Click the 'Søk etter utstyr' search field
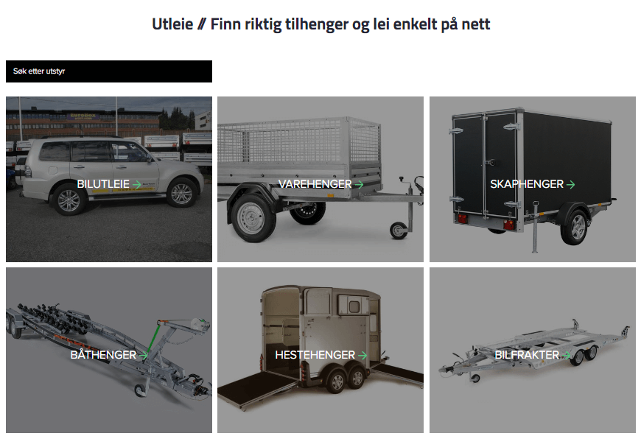click(x=109, y=71)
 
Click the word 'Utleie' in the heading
click(x=172, y=24)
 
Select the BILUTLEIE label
click(x=103, y=184)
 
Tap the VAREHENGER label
click(x=315, y=184)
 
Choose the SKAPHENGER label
click(x=527, y=184)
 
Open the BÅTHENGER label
click(x=103, y=355)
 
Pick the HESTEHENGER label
click(x=315, y=355)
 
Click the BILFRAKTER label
click(x=527, y=355)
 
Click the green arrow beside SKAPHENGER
click(x=570, y=185)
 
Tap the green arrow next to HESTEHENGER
click(x=362, y=356)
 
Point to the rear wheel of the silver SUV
click(x=69, y=200)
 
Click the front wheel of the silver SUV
click(x=181, y=193)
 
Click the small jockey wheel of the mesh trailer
click(x=399, y=231)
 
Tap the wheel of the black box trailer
click(x=575, y=227)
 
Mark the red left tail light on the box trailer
click(x=462, y=219)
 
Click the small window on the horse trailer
click(x=353, y=304)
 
